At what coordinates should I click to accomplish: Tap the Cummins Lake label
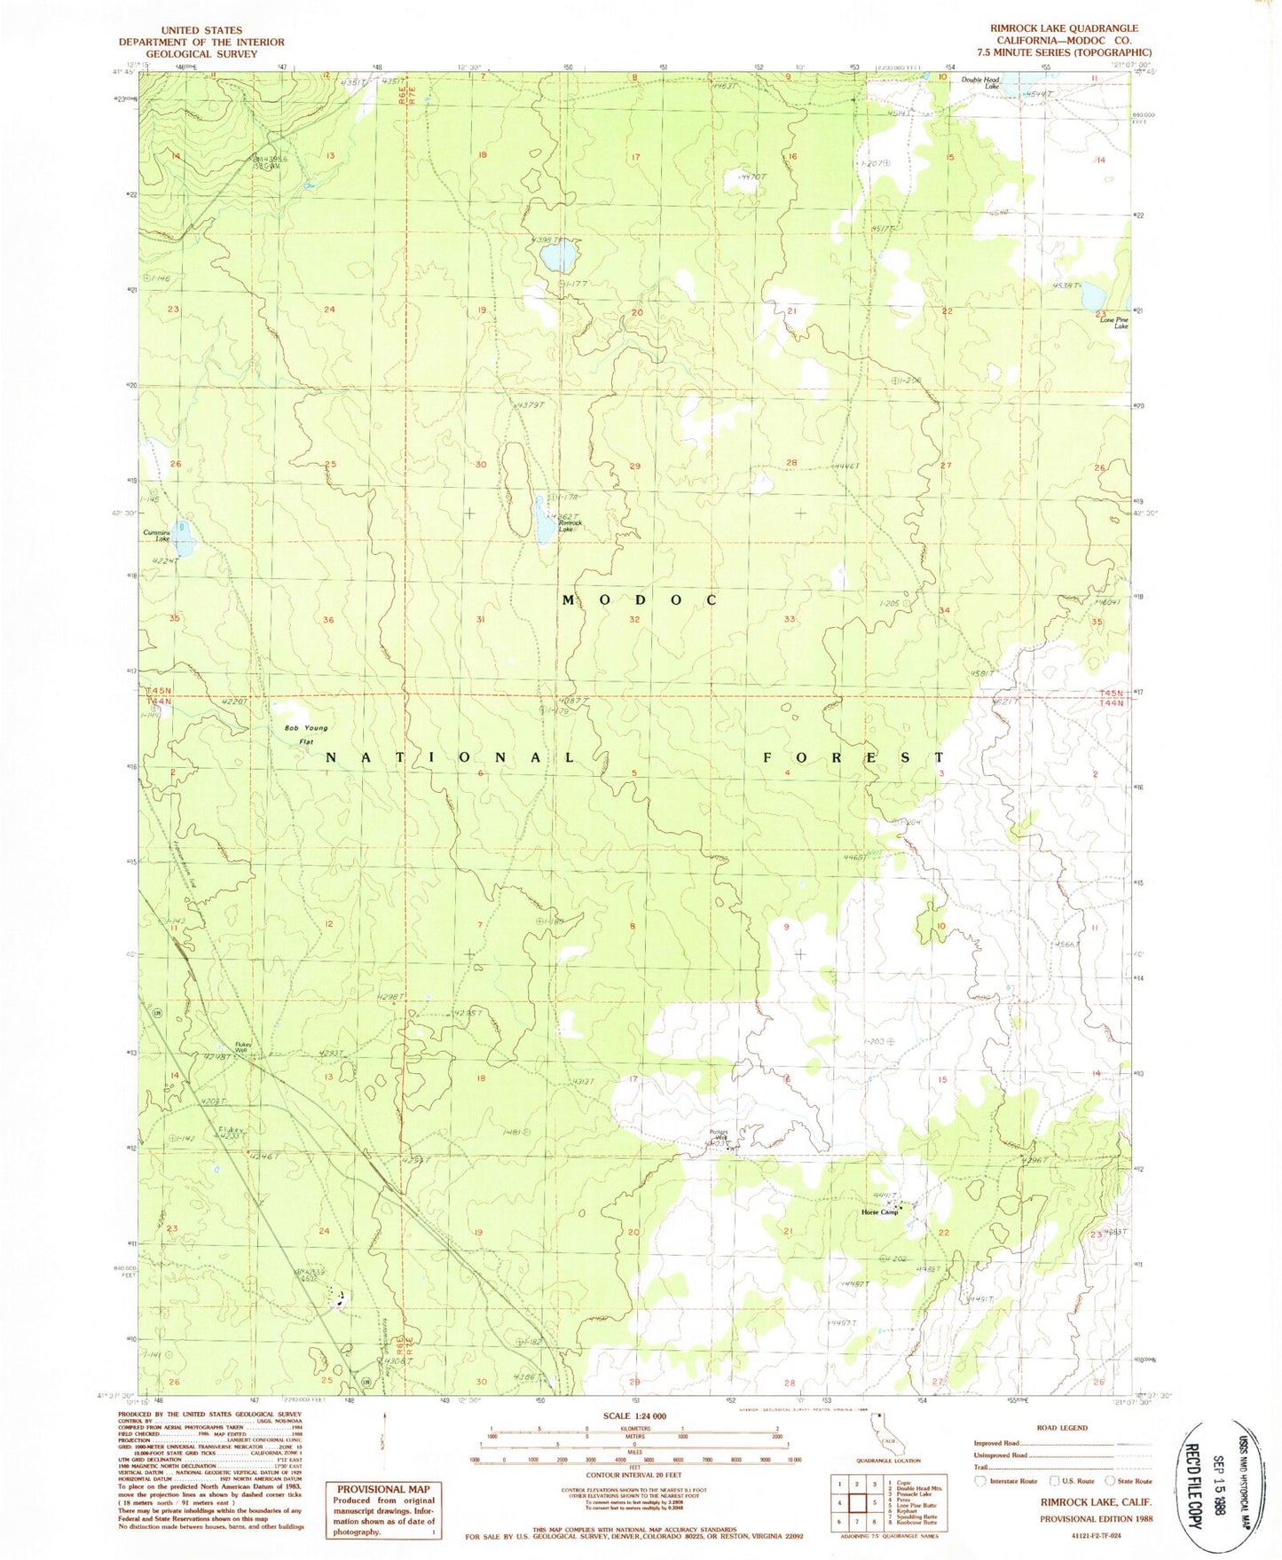click(x=157, y=536)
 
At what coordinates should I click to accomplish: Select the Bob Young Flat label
click(x=306, y=733)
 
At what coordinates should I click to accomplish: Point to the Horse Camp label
click(x=879, y=1211)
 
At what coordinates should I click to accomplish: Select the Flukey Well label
click(x=244, y=1047)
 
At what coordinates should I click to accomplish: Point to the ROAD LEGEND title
click(x=1061, y=1428)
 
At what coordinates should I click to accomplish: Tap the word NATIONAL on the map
click(x=451, y=757)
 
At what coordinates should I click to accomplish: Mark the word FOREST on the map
click(x=853, y=757)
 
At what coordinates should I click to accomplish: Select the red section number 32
click(x=634, y=620)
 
